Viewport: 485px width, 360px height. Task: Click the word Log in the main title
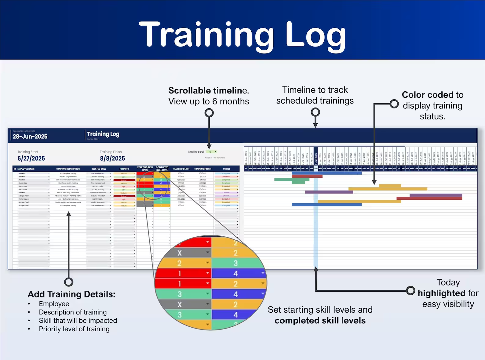coord(315,36)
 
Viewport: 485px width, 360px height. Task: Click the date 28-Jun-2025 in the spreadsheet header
coord(30,136)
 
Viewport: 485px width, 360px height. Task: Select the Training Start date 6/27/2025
coord(31,158)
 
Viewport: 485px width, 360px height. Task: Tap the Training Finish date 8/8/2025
coord(112,158)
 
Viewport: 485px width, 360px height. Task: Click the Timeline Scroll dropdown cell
coord(211,152)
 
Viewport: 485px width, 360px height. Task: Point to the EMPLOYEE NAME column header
coord(26,169)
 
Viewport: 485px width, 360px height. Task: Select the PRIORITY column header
coord(124,169)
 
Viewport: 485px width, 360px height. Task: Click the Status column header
coord(226,169)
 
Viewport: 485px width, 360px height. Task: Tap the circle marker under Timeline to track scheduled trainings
coord(315,112)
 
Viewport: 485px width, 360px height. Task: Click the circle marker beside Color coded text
coord(394,104)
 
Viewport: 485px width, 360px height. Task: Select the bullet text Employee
coord(54,304)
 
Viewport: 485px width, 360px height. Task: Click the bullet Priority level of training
coord(74,329)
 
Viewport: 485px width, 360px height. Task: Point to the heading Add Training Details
coord(71,294)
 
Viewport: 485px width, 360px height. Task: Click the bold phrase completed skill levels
coord(320,321)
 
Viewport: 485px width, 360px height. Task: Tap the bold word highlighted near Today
coord(437,293)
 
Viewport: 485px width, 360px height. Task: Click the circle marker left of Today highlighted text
coord(411,290)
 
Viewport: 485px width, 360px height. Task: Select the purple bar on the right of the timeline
coord(436,195)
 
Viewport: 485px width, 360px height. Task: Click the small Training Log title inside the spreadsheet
coord(103,134)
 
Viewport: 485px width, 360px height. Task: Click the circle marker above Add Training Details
coord(69,282)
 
